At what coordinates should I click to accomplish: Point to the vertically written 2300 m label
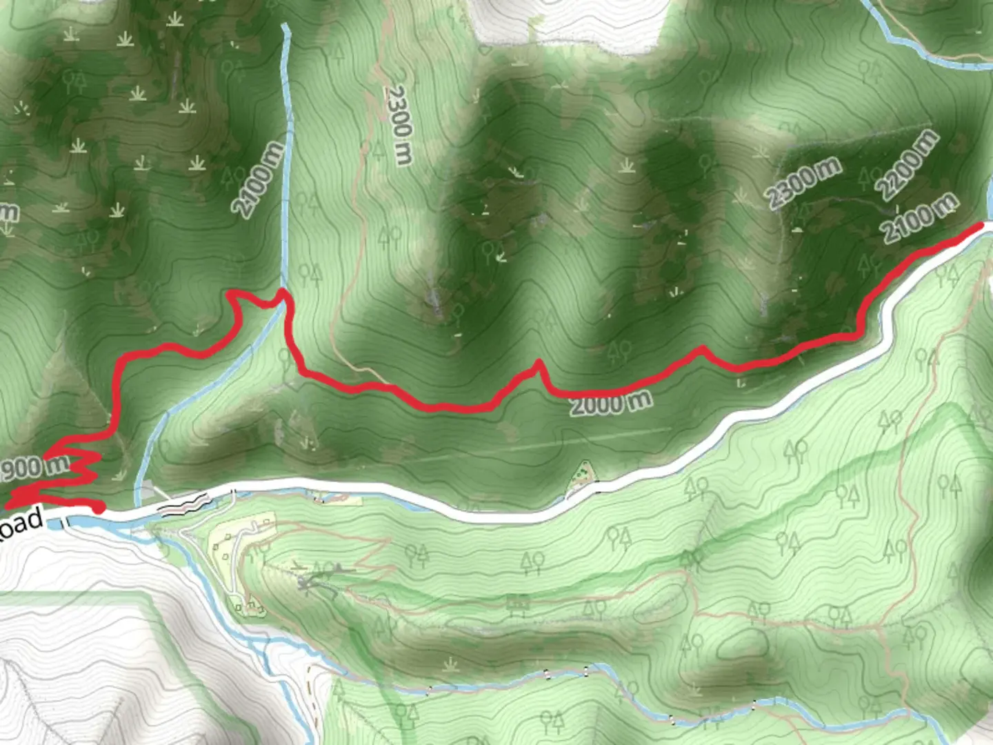(399, 124)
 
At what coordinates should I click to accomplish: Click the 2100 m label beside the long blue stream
(259, 179)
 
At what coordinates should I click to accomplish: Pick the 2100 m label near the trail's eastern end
(921, 217)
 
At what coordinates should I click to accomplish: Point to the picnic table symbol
(518, 605)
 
